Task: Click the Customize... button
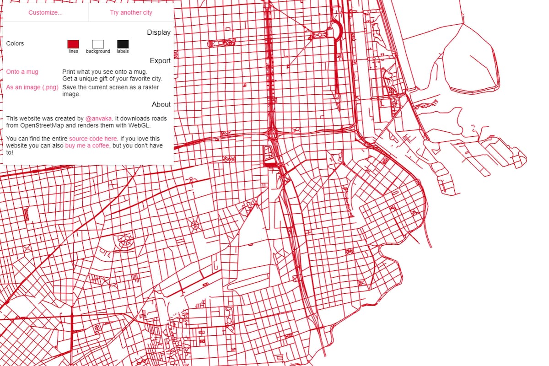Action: click(x=45, y=12)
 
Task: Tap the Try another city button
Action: click(x=131, y=12)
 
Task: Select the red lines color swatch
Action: click(x=73, y=44)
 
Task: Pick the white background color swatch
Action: click(x=98, y=44)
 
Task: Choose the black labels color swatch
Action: click(x=123, y=44)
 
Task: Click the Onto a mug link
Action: click(x=22, y=72)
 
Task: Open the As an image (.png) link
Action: click(x=32, y=87)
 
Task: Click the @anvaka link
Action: click(x=98, y=118)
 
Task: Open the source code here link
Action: click(x=93, y=138)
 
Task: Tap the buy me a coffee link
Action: click(x=87, y=145)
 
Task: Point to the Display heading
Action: click(x=159, y=32)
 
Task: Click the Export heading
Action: click(x=160, y=61)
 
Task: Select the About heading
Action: click(x=161, y=104)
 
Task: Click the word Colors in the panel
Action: click(x=15, y=43)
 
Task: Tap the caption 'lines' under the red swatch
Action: click(x=73, y=51)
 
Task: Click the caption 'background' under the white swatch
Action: click(x=98, y=51)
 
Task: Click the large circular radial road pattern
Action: click(x=124, y=241)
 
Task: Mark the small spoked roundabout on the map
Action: click(x=194, y=225)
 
